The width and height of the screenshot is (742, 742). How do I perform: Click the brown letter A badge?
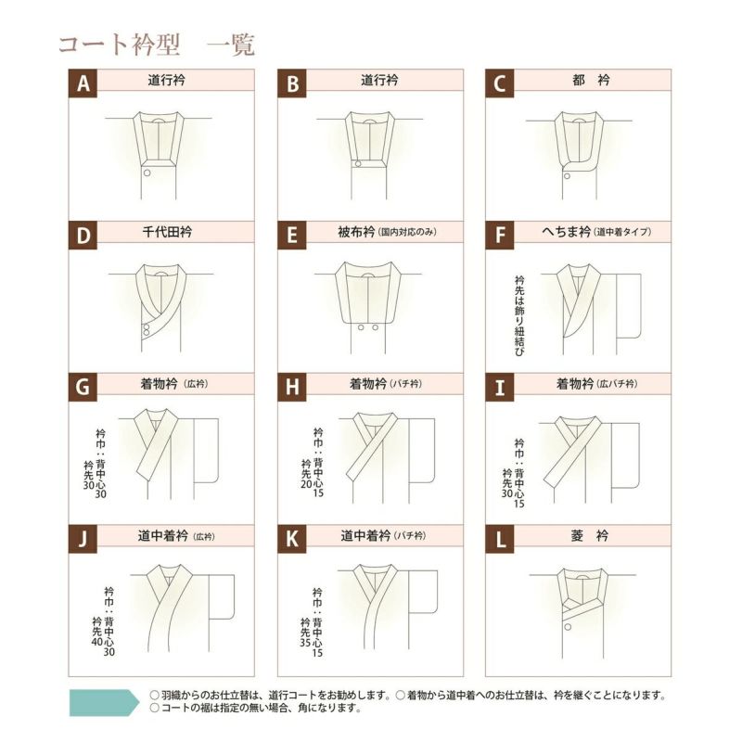click(x=83, y=83)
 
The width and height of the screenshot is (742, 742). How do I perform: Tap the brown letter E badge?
click(x=291, y=236)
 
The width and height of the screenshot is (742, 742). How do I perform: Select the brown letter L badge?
click(x=500, y=539)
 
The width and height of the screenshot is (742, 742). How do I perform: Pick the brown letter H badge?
click(x=291, y=387)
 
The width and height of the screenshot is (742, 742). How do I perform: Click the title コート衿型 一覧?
click(x=157, y=45)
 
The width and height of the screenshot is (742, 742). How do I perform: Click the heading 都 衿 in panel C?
click(x=591, y=80)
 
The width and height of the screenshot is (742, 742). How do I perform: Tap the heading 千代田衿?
click(x=167, y=232)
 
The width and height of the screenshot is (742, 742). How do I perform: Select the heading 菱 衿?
click(x=590, y=536)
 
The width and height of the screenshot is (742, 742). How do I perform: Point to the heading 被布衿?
click(x=356, y=232)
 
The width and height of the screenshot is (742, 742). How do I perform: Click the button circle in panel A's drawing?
click(x=147, y=173)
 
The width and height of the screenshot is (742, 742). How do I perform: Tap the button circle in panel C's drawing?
click(x=567, y=176)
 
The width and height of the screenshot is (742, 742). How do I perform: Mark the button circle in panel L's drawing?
click(x=568, y=627)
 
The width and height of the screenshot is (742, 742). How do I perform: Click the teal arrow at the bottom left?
click(x=104, y=702)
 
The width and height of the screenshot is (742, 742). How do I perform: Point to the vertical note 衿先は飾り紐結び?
click(x=519, y=316)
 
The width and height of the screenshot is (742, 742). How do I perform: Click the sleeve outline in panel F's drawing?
click(x=629, y=306)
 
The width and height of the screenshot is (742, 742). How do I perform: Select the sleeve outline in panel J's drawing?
click(x=222, y=596)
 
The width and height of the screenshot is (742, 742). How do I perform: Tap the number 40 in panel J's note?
click(x=97, y=642)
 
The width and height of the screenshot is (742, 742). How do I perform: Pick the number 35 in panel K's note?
click(x=305, y=643)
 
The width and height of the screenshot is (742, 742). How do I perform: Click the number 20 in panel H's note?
click(x=306, y=483)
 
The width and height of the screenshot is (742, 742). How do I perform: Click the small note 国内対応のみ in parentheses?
click(x=407, y=233)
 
